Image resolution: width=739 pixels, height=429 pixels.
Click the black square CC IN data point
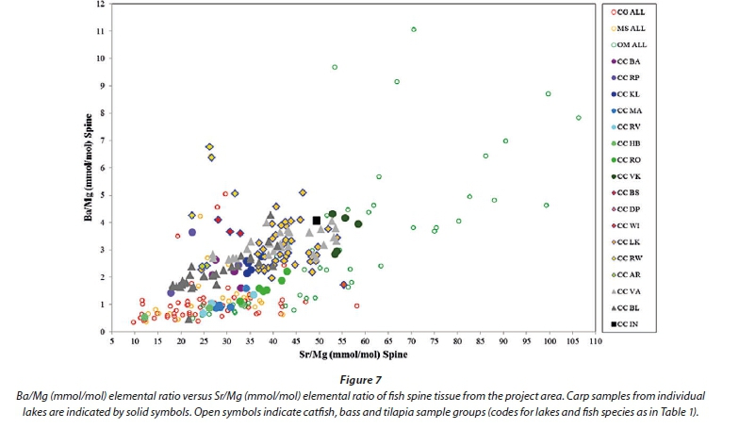pos(317,221)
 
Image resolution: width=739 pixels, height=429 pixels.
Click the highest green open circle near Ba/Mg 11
pos(414,29)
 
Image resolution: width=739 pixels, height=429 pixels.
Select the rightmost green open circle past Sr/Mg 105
pos(579,118)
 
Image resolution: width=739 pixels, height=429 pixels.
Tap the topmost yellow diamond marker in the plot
pos(209,147)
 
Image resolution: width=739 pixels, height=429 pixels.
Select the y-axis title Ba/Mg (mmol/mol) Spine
pos(79,167)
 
